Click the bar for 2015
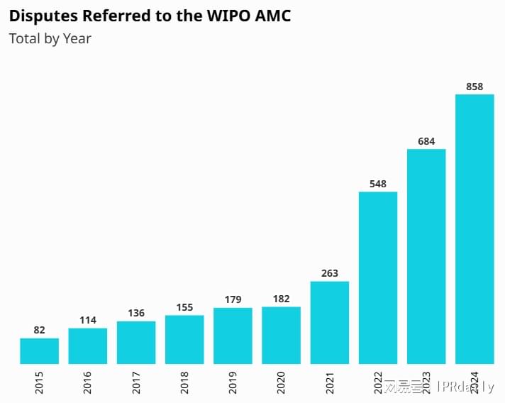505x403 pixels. (39, 351)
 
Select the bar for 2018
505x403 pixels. (184, 340)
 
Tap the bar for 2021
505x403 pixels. (330, 323)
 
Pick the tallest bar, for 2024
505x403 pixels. (475, 229)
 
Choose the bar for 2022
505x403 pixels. (378, 278)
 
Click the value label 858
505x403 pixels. (475, 87)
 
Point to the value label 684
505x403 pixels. (426, 141)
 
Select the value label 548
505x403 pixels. (378, 184)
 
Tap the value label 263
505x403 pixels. (330, 273)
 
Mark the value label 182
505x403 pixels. (281, 299)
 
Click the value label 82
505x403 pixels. (39, 330)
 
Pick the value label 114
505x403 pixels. (88, 320)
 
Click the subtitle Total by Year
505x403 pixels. (50, 38)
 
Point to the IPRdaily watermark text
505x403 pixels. (465, 387)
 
